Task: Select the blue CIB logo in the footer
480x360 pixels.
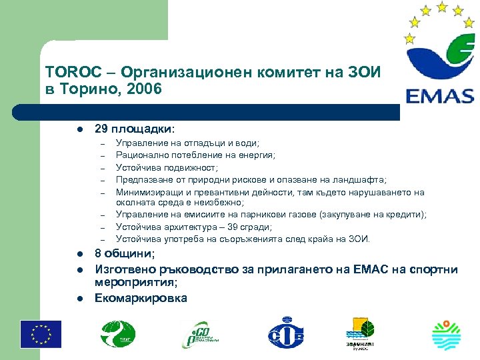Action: point(285,333)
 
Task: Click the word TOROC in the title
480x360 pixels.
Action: point(67,73)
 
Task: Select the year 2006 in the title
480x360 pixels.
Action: point(147,89)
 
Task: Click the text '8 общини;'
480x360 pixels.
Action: point(125,254)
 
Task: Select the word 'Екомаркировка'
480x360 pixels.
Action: point(141,298)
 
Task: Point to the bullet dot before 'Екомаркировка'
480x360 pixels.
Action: point(79,298)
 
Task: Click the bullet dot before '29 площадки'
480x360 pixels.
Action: point(79,128)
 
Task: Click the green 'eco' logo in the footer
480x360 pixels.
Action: point(201,333)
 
